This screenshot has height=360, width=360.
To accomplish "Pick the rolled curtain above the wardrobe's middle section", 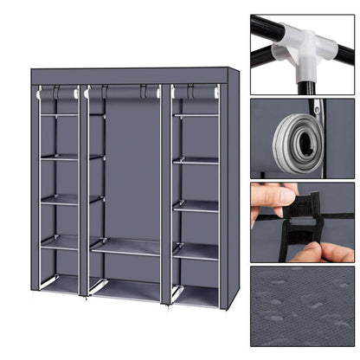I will pos(126,89).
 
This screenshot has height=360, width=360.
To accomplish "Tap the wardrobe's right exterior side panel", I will pos(228,190).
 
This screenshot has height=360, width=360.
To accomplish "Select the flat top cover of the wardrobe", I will pos(130,76).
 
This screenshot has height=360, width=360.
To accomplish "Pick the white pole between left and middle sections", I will pos(84,190).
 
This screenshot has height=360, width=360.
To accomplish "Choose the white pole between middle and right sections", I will pos(166,190).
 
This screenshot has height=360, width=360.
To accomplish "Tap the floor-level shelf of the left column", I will pos(61,283).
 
